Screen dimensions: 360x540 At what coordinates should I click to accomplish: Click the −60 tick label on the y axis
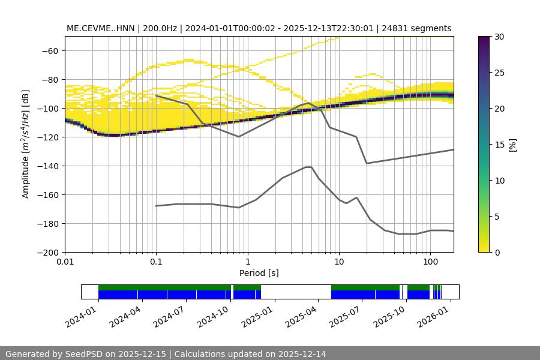[50, 51]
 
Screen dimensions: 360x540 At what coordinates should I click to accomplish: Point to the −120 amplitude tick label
[47, 137]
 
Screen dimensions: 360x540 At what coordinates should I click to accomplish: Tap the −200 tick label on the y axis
[47, 253]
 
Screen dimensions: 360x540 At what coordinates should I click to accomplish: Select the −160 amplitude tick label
[47, 195]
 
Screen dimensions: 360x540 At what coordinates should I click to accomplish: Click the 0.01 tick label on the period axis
[65, 262]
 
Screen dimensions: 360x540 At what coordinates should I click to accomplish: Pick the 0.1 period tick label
[156, 262]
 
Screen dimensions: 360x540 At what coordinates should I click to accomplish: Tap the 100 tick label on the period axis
[430, 262]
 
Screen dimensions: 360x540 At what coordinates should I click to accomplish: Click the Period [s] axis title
[259, 273]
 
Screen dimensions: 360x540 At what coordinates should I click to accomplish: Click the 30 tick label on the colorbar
[499, 37]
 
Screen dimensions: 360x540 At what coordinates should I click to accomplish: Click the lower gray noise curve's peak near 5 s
[308, 167]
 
